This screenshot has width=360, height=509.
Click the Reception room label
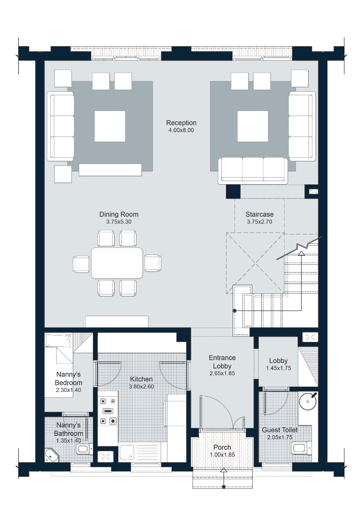point(181,123)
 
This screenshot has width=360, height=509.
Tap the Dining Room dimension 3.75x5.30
point(119,222)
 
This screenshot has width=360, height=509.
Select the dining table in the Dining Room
point(117,263)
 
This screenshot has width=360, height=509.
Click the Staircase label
point(259,215)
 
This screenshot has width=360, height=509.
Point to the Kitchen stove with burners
point(108,411)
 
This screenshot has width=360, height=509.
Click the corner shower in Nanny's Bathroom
point(51,455)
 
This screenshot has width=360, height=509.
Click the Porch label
point(222,447)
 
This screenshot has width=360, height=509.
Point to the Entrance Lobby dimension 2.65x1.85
point(222,374)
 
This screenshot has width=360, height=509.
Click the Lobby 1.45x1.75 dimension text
point(278,368)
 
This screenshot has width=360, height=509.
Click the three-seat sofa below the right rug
point(253,170)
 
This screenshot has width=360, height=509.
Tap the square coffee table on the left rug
point(110,126)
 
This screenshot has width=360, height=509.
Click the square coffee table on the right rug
point(253,126)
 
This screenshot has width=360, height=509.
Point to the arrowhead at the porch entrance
point(223,470)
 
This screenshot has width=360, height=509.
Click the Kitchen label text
point(141,379)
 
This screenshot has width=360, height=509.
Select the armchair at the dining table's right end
point(153,263)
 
